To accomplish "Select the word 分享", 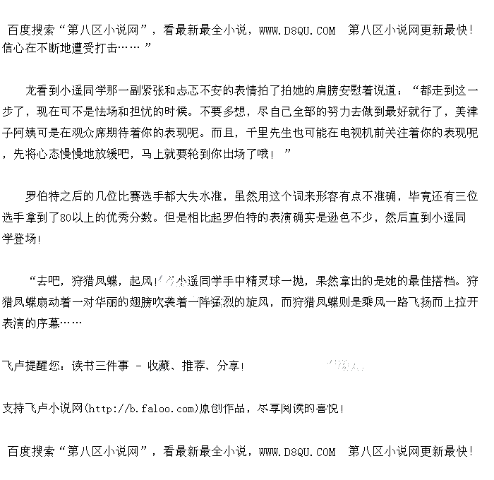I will point(229,366).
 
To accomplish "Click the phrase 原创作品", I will point(223,409).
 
